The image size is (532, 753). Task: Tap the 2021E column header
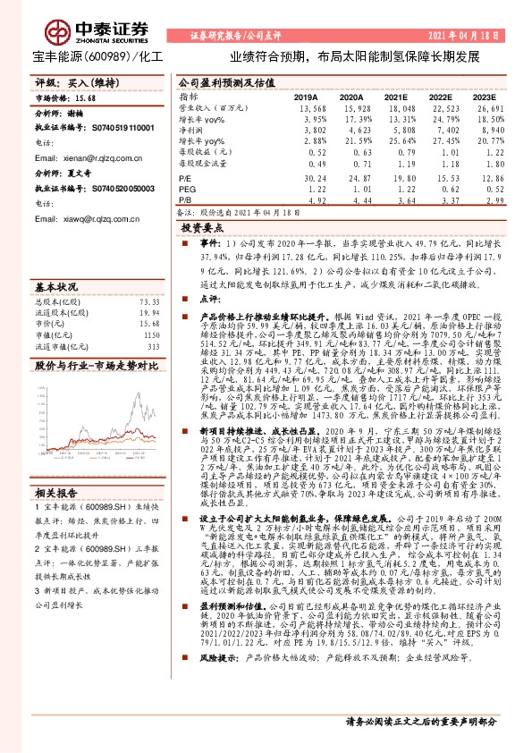pyautogui.click(x=395, y=97)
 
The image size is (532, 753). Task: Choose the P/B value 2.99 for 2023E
pyautogui.click(x=485, y=201)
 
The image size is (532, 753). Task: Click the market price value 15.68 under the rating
pyautogui.click(x=84, y=97)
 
